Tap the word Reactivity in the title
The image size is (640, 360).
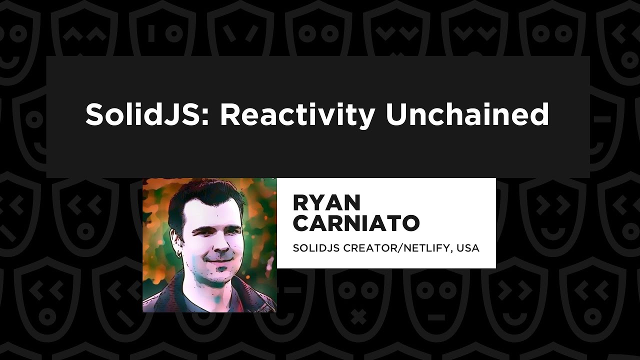[x=297, y=114]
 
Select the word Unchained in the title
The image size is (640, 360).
[x=467, y=114]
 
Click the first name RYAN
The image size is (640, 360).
[x=326, y=202]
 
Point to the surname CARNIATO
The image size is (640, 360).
[x=355, y=223]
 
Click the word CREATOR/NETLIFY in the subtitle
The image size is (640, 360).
[x=397, y=248]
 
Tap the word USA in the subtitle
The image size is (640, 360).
[x=470, y=248]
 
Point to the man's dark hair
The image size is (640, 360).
[x=200, y=197]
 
